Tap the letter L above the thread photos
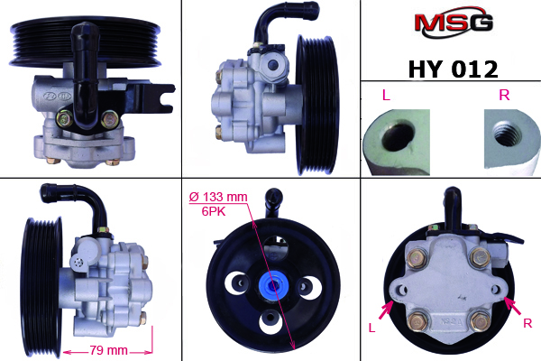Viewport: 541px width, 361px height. [385, 95]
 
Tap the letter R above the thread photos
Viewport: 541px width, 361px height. [505, 95]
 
